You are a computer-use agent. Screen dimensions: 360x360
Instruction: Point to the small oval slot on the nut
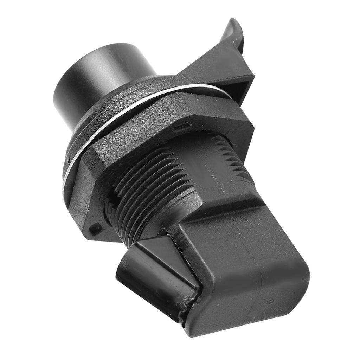(x=184, y=126)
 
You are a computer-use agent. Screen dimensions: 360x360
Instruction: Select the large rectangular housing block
(x=246, y=267)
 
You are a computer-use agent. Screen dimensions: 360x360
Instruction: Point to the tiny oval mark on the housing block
(x=270, y=301)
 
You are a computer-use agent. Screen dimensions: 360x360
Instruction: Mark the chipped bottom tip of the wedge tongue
(x=183, y=309)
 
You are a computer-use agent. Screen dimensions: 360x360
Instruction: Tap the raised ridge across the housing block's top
(x=225, y=207)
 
